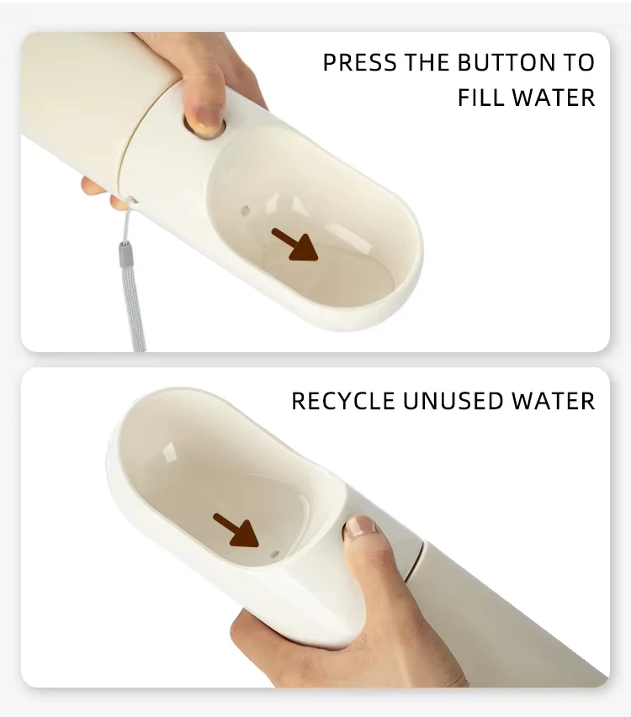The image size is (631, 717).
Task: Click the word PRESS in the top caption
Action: [x=359, y=62]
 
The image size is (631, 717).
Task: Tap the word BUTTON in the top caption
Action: [x=503, y=62]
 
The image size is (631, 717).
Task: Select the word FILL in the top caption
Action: [x=480, y=98]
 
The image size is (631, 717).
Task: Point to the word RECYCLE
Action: [x=343, y=401]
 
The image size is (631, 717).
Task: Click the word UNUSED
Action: [x=453, y=401]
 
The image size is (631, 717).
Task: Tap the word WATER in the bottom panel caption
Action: [x=554, y=401]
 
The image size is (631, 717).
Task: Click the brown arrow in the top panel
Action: [x=294, y=245]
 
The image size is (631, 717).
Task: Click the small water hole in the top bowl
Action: [x=246, y=211]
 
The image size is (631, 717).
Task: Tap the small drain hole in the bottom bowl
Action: [x=274, y=554]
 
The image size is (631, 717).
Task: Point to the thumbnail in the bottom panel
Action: [x=361, y=527]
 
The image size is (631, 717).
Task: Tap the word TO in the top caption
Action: [x=575, y=62]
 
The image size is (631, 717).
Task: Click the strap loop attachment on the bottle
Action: [x=131, y=201]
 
